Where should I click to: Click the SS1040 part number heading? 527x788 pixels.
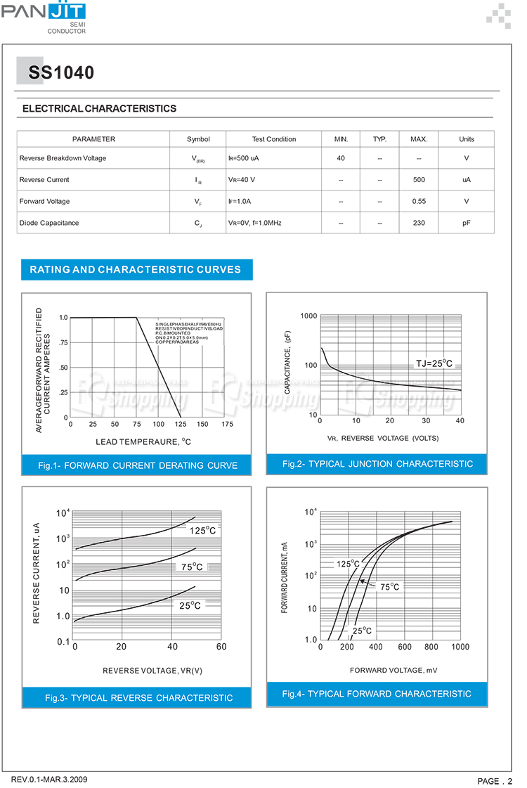(x=61, y=73)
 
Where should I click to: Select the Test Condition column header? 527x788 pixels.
(x=274, y=139)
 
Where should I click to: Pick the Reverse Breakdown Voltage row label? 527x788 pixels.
(x=63, y=158)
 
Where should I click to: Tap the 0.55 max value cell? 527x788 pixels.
(x=419, y=202)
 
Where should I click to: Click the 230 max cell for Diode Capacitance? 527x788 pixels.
(x=419, y=223)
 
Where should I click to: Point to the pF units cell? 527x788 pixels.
(x=466, y=223)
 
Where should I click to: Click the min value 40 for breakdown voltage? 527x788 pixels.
(x=341, y=158)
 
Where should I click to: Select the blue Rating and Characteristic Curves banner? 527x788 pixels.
(x=136, y=269)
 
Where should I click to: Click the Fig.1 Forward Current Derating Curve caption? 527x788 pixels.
(x=138, y=465)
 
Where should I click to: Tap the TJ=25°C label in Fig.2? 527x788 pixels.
(x=434, y=364)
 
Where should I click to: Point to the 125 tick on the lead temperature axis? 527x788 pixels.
(x=181, y=424)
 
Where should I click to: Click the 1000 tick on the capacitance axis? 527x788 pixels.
(x=309, y=316)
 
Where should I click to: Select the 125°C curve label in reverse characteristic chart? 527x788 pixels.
(x=203, y=531)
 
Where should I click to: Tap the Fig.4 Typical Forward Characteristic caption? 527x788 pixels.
(x=377, y=694)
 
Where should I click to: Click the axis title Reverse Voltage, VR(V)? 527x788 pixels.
(x=152, y=671)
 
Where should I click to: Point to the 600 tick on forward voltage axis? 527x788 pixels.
(x=405, y=647)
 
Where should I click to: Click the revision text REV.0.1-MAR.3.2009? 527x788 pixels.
(x=49, y=780)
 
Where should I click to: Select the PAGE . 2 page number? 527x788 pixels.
(x=495, y=781)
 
